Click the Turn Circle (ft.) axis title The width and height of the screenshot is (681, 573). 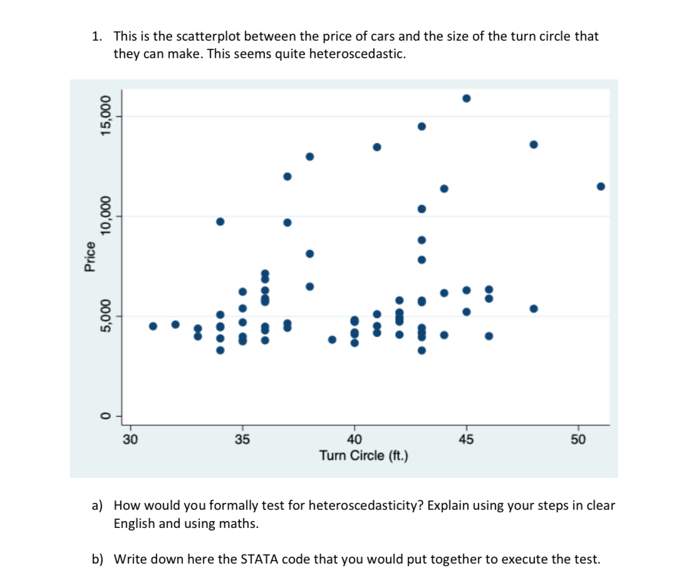[x=363, y=455]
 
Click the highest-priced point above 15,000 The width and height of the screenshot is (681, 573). [x=466, y=98]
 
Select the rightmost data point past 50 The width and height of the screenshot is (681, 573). [x=601, y=186]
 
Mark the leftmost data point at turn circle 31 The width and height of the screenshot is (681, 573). [x=153, y=326]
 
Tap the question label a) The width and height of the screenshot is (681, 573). [x=98, y=505]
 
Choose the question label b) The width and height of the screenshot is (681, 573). [x=98, y=559]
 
